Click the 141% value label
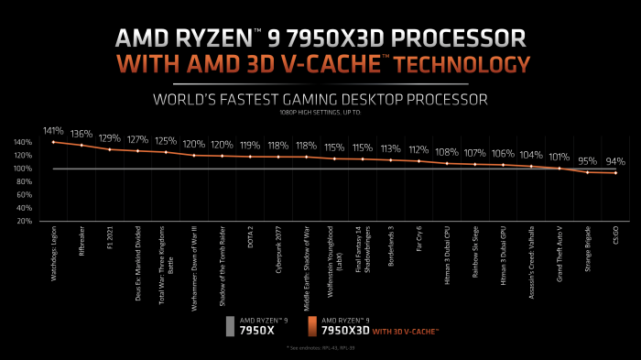[53, 131]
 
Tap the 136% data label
[81, 134]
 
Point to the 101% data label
[559, 156]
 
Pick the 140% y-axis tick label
[24, 143]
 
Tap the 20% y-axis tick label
[26, 222]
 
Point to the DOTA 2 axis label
[251, 243]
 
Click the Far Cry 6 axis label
[418, 244]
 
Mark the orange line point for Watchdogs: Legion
[54, 142]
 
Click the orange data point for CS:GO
[615, 173]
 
